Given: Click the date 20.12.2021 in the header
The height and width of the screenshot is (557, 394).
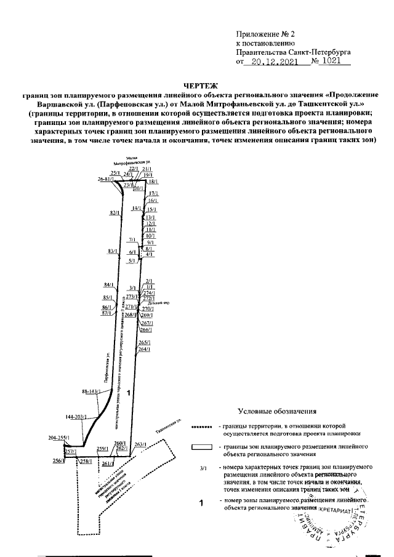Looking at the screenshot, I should (274, 62).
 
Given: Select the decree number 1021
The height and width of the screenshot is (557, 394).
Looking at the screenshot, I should (334, 62).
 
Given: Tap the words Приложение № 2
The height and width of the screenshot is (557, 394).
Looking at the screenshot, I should (262, 34).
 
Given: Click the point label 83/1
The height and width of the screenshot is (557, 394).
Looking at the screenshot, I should (111, 251).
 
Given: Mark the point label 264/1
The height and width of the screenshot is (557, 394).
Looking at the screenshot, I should (144, 350).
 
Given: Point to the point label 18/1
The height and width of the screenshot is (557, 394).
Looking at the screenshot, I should (153, 182).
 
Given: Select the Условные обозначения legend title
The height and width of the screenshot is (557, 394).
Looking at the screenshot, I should (276, 411).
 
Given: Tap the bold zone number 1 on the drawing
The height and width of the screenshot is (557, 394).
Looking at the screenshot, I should (128, 392).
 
